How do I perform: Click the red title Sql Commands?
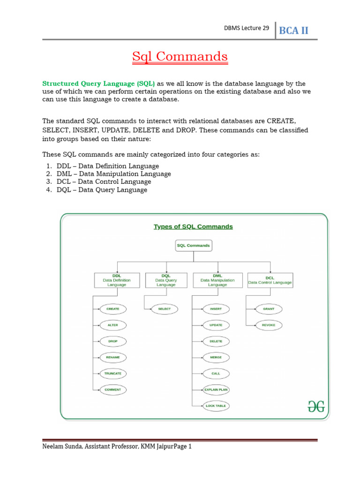click(180, 57)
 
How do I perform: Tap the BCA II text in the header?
click(294, 31)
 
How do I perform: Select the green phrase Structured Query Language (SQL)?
click(99, 83)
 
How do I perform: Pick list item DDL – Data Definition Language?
click(107, 166)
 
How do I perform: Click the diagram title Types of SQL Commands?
click(193, 226)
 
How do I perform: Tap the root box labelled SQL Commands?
click(193, 245)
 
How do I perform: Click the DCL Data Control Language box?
click(270, 280)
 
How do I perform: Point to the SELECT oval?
click(164, 309)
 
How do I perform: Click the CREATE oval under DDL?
click(113, 309)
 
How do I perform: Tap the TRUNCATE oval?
click(113, 374)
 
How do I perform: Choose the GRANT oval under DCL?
click(269, 309)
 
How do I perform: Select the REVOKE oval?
click(269, 325)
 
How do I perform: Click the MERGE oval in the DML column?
click(216, 357)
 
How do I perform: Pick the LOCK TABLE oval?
click(216, 406)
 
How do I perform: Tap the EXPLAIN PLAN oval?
click(216, 390)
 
